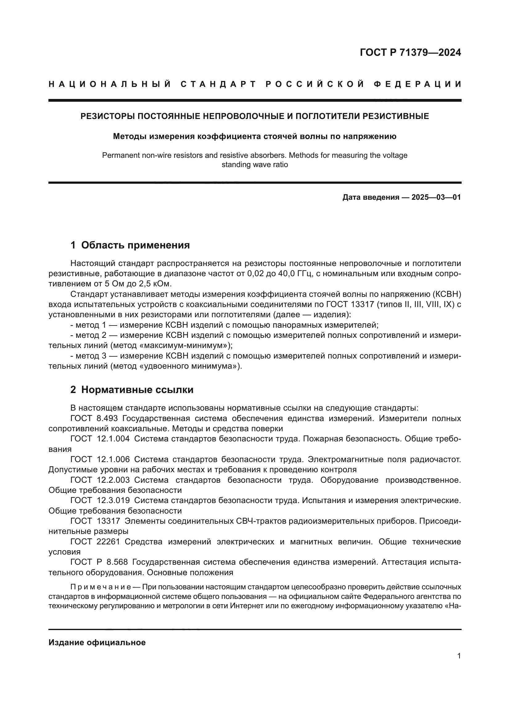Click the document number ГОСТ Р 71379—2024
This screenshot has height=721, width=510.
(410, 52)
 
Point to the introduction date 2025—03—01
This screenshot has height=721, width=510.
(436, 197)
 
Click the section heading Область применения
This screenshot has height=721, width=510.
(135, 245)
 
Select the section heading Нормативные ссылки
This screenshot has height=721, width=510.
(137, 390)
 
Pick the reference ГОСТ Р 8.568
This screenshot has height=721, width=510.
(99, 562)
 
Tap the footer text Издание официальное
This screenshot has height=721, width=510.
(97, 642)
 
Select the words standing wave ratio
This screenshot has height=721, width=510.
(254, 165)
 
